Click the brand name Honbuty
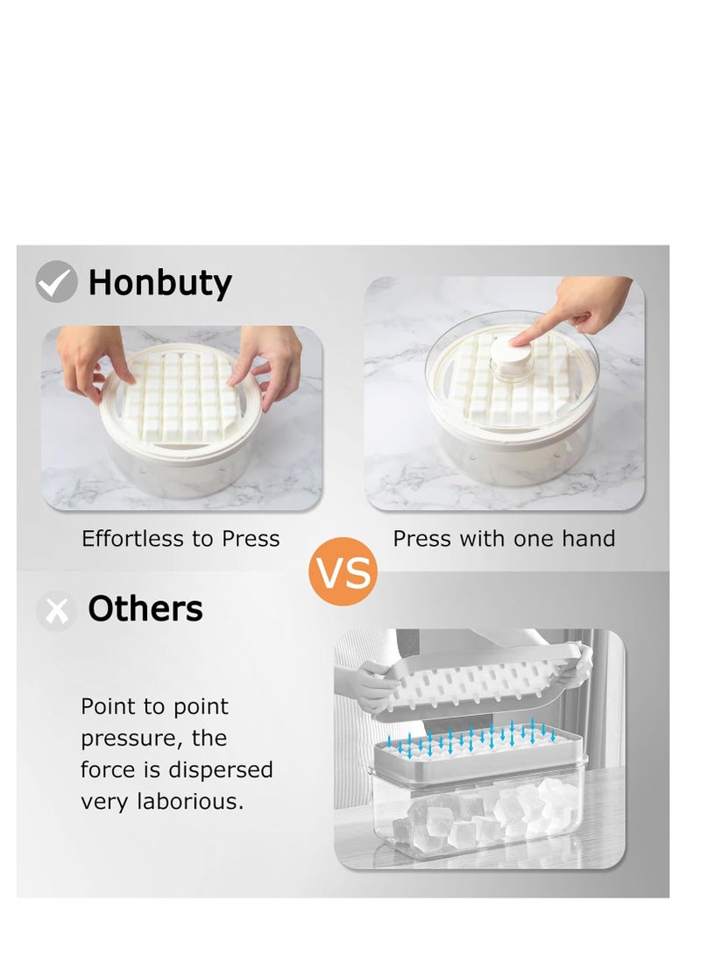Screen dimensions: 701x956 tap(159, 284)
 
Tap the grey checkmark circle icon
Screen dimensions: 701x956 tap(56, 281)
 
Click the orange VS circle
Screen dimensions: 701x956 tap(343, 571)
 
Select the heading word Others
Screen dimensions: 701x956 tap(145, 608)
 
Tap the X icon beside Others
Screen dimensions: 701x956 tap(57, 611)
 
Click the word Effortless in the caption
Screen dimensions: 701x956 tap(133, 538)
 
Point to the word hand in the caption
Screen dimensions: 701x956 tap(588, 538)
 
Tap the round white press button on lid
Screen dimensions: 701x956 tap(512, 351)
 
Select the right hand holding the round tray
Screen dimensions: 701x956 tap(265, 364)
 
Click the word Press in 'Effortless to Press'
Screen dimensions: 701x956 tap(251, 538)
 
